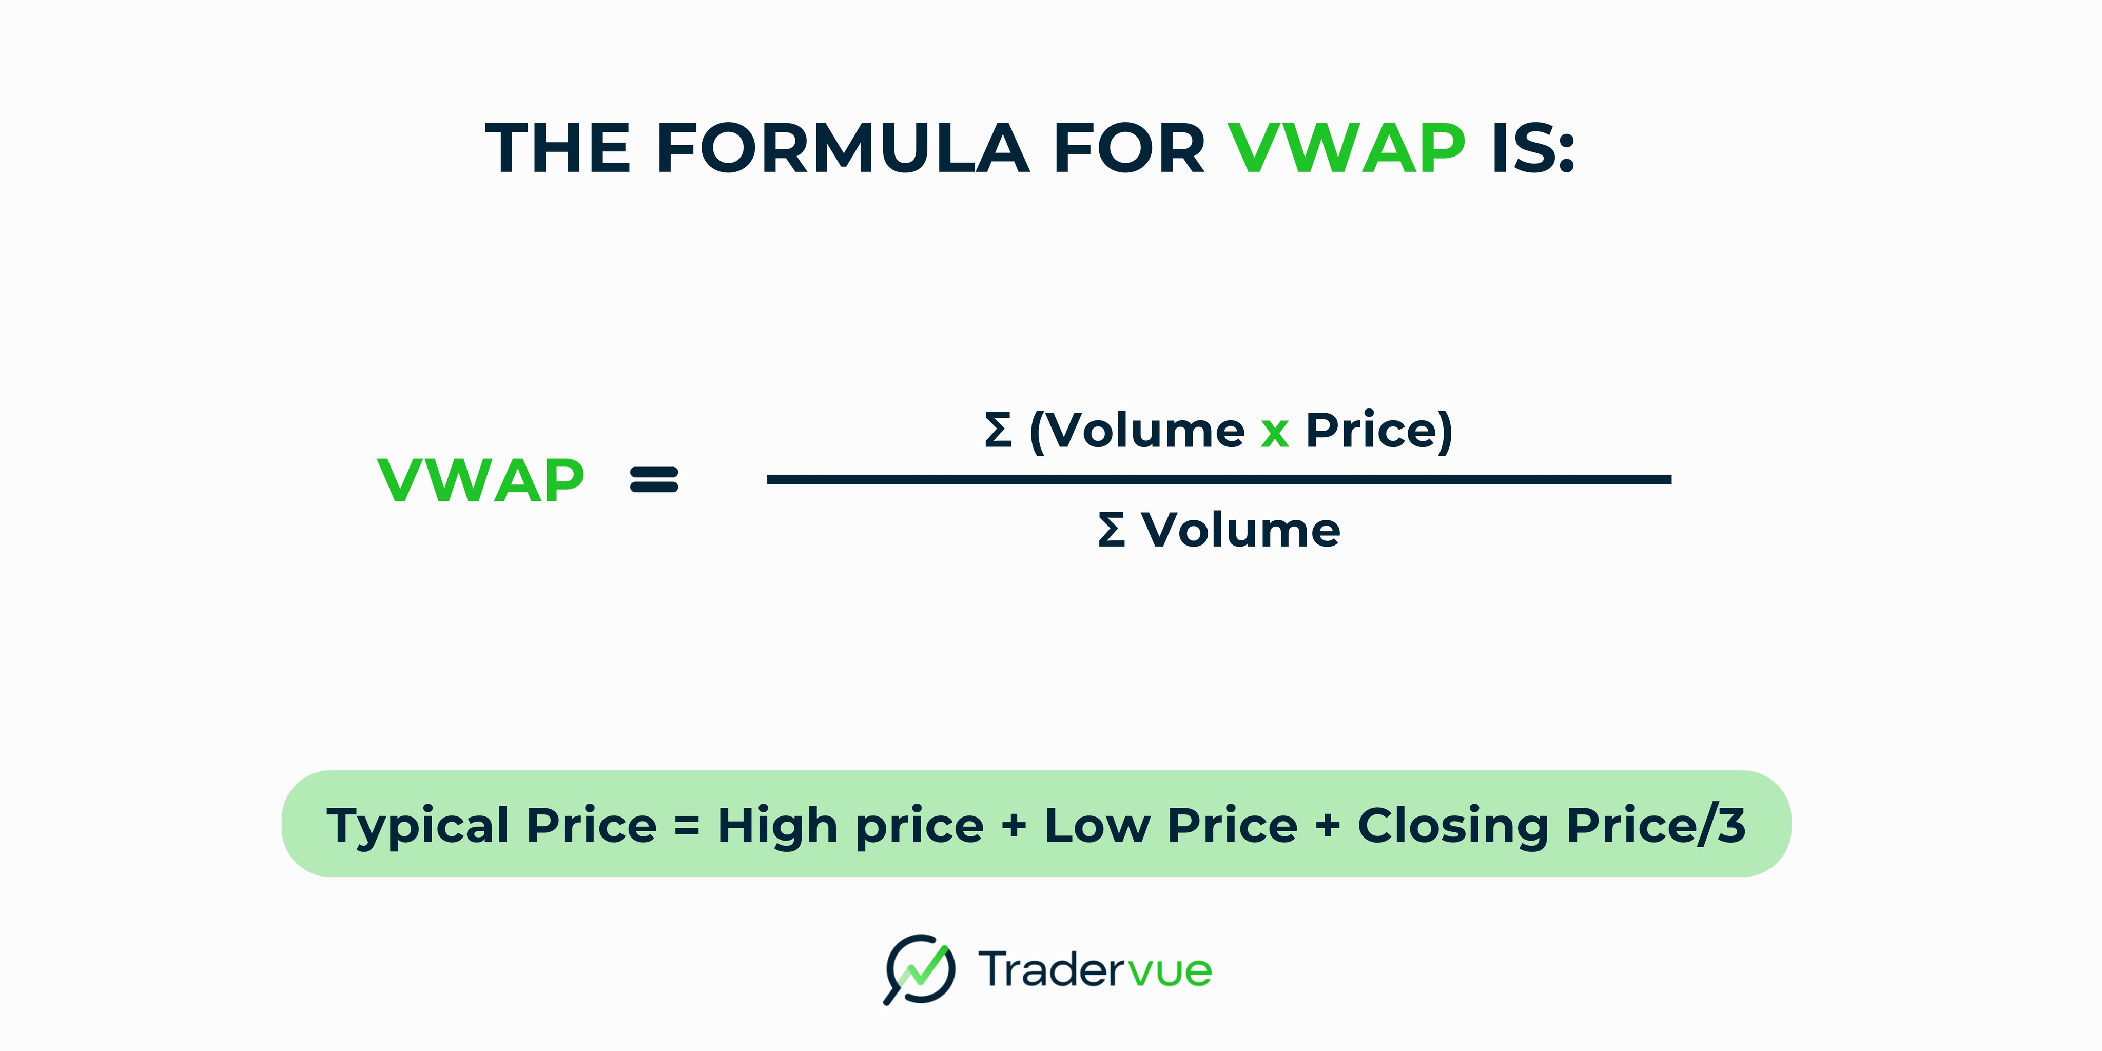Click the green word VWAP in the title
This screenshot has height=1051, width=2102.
click(x=1347, y=148)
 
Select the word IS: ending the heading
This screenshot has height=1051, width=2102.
click(x=1532, y=148)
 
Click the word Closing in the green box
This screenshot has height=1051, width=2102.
click(x=1452, y=826)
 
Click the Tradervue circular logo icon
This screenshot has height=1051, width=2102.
click(x=920, y=969)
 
